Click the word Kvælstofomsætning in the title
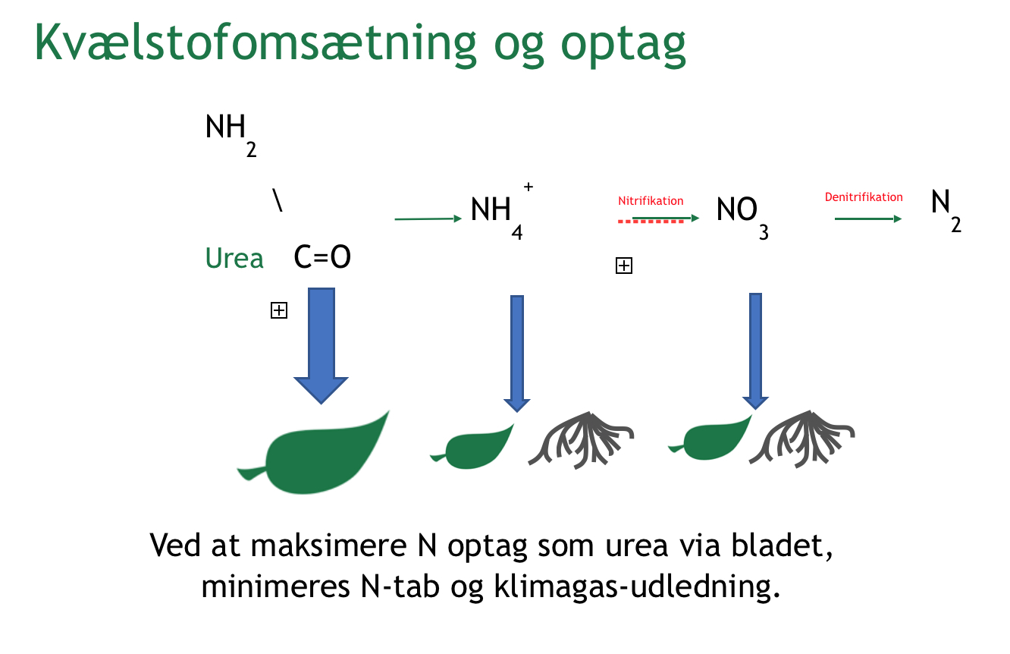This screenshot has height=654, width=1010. (x=256, y=42)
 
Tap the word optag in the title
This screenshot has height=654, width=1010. (x=623, y=45)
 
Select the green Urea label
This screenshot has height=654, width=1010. (x=234, y=259)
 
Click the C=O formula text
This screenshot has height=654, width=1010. (x=322, y=257)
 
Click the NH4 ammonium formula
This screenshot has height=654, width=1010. (x=501, y=211)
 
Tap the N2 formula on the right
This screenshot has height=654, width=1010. (x=946, y=211)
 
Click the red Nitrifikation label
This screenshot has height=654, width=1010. (x=650, y=201)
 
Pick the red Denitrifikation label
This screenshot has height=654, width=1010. (x=864, y=197)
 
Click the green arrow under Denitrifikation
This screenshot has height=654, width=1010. (x=868, y=219)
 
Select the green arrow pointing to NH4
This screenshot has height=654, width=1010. (x=428, y=219)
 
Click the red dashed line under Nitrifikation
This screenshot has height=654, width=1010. (x=651, y=222)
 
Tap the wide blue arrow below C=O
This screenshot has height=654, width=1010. (x=321, y=345)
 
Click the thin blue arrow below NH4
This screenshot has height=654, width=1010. (x=516, y=354)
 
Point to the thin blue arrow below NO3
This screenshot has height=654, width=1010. (x=755, y=351)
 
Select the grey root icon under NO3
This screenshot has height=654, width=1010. (x=802, y=439)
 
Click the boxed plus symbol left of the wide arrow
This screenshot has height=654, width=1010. (x=278, y=310)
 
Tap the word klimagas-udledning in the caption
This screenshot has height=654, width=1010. (x=637, y=586)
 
